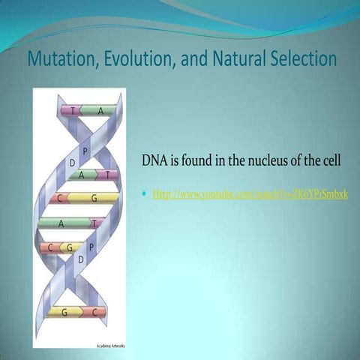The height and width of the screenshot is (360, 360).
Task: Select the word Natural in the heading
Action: click(x=237, y=58)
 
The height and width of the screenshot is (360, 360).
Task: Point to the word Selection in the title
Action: click(x=303, y=58)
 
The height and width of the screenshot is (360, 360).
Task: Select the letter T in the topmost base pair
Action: click(x=72, y=110)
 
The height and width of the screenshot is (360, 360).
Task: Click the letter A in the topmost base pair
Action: click(x=100, y=110)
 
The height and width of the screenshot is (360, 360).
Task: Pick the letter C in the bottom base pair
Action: click(x=94, y=312)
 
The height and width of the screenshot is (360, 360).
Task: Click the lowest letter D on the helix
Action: click(x=79, y=259)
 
